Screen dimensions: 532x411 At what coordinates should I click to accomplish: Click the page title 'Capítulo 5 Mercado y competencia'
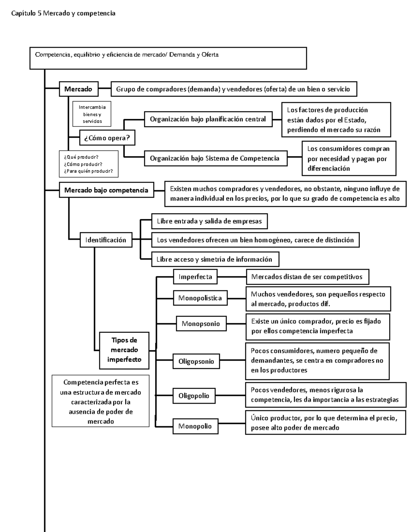click(63, 13)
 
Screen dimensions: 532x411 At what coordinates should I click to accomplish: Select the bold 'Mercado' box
click(78, 89)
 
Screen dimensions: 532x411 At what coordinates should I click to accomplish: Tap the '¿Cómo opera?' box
click(107, 138)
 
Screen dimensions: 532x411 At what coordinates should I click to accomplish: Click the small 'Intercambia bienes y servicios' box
click(91, 114)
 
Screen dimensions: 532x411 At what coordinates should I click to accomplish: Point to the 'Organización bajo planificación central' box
click(208, 119)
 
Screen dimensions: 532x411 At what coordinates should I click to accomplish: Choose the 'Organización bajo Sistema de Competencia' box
click(215, 158)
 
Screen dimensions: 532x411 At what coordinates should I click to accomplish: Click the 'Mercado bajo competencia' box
click(106, 190)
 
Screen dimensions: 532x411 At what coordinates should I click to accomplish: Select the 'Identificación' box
click(105, 240)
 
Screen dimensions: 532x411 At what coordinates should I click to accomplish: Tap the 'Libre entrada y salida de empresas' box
click(209, 221)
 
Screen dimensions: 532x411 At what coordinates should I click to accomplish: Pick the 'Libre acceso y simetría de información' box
click(215, 259)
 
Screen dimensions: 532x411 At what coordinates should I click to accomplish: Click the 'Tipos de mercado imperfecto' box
click(124, 350)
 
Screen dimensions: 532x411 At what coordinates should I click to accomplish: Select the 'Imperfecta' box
click(195, 277)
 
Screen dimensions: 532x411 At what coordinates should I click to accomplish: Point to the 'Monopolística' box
click(200, 298)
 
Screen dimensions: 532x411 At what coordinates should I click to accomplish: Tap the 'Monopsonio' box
click(201, 324)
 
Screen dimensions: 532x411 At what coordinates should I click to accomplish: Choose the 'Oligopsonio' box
click(196, 361)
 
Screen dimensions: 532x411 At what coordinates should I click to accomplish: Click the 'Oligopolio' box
click(194, 396)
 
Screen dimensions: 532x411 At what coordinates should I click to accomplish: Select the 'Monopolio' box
click(195, 426)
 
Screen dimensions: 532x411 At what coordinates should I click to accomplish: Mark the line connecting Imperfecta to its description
click(232, 277)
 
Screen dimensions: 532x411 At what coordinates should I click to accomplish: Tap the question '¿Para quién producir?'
click(88, 171)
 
